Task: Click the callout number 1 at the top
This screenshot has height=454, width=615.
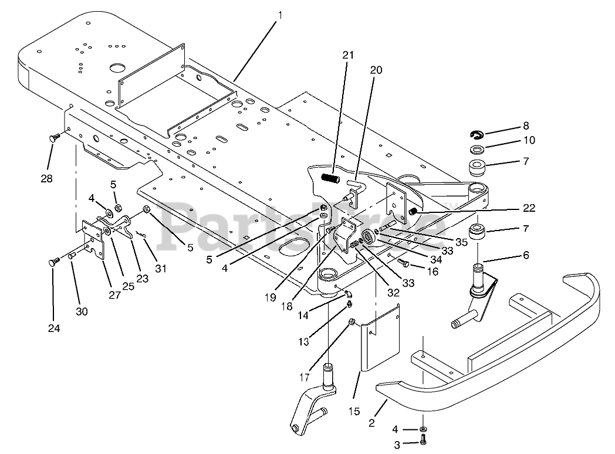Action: [x=280, y=15]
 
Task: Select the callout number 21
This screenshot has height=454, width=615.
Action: [x=348, y=55]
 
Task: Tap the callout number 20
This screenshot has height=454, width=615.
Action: [x=376, y=70]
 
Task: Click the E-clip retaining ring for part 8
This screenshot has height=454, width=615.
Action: [x=477, y=135]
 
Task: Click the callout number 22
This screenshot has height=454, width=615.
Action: [x=529, y=208]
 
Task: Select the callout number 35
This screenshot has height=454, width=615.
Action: [x=461, y=242]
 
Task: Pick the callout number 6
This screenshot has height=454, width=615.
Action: [x=526, y=255]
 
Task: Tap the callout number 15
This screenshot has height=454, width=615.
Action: [x=354, y=412]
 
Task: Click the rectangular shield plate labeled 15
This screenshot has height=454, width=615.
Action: [x=380, y=337]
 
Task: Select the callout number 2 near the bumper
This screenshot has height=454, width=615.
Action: [x=371, y=423]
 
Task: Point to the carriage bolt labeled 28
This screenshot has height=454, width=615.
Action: [x=55, y=138]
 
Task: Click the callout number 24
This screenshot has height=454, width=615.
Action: [x=54, y=328]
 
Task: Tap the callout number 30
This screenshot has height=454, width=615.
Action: [x=82, y=311]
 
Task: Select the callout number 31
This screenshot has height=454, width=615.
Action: [x=161, y=269]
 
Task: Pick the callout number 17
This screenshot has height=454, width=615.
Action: [x=304, y=377]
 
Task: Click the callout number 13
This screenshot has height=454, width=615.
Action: [x=303, y=342]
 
